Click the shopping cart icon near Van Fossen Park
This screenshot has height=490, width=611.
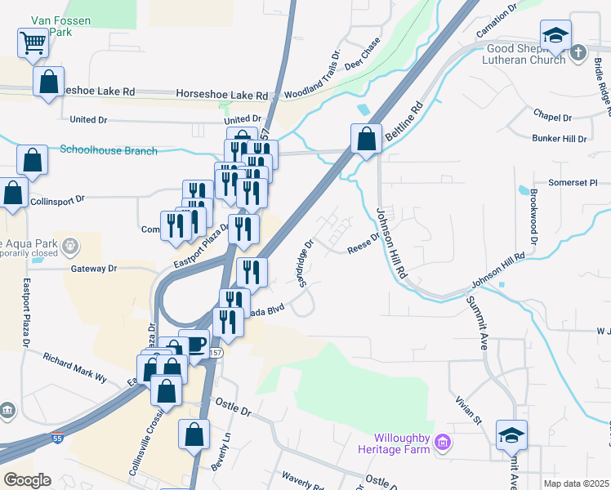[x=33, y=42]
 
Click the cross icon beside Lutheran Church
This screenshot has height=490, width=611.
[x=578, y=52]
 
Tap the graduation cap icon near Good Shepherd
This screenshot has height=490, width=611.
[x=555, y=35]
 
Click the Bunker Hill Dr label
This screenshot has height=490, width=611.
[x=560, y=139]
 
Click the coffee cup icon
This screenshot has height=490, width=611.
[x=196, y=345]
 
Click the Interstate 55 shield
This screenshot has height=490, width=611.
[x=56, y=438]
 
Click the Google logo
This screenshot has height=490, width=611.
[x=27, y=480]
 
